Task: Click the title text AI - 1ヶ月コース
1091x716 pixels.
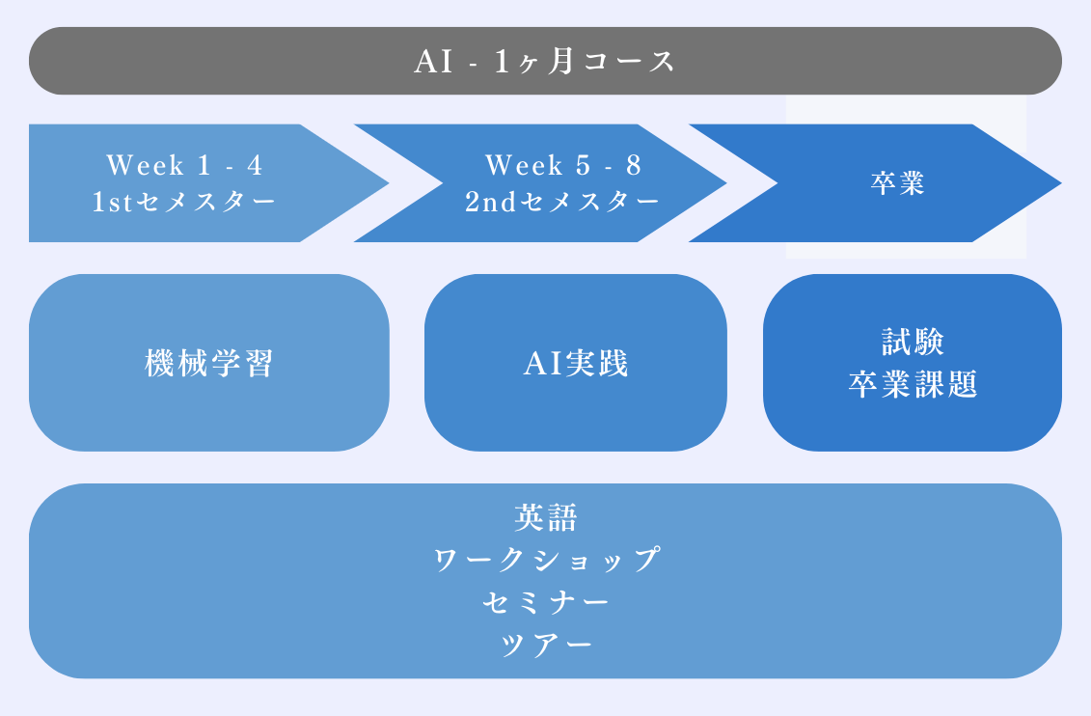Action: (545, 61)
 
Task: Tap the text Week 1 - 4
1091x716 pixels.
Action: (184, 165)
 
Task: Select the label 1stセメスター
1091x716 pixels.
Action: (184, 202)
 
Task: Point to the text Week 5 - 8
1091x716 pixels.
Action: (563, 165)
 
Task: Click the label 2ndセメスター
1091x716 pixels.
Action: (562, 202)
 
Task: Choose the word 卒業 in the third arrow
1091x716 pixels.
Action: (897, 183)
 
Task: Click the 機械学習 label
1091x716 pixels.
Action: (209, 363)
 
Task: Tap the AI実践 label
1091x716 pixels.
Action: (576, 363)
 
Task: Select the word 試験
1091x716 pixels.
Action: (913, 342)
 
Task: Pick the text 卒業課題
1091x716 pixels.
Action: (913, 384)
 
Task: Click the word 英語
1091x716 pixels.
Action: (546, 517)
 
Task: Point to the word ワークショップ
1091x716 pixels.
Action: (546, 560)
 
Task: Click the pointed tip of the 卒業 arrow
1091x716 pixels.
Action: (1060, 183)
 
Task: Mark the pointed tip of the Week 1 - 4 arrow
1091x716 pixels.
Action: (388, 183)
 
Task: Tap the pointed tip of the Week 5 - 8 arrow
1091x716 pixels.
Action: (726, 183)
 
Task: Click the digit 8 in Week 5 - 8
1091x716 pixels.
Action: (633, 166)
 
